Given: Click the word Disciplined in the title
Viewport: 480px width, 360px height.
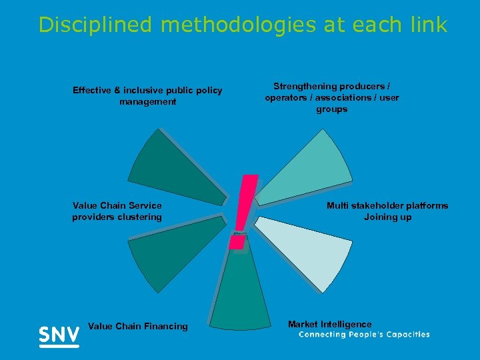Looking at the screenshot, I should pos(96,25).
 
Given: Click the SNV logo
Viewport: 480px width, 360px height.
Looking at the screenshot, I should pos(59,335).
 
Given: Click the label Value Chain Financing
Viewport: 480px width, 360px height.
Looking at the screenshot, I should pos(138,326).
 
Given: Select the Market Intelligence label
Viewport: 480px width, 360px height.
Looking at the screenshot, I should pos(330,324).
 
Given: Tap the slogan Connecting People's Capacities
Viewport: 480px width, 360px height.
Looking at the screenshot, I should pos(364,335).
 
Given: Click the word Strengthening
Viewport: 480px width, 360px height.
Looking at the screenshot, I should pos(306,86).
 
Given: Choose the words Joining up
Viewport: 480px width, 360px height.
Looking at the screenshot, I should pos(388,217).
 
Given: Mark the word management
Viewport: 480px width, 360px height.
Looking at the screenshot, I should pos(148,101).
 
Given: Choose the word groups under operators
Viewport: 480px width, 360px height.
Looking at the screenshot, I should pos(332,109).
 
